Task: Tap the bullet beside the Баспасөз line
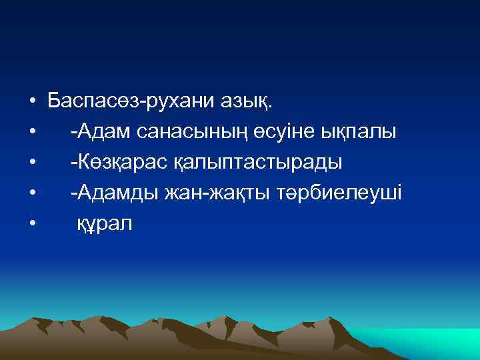[32, 103]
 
